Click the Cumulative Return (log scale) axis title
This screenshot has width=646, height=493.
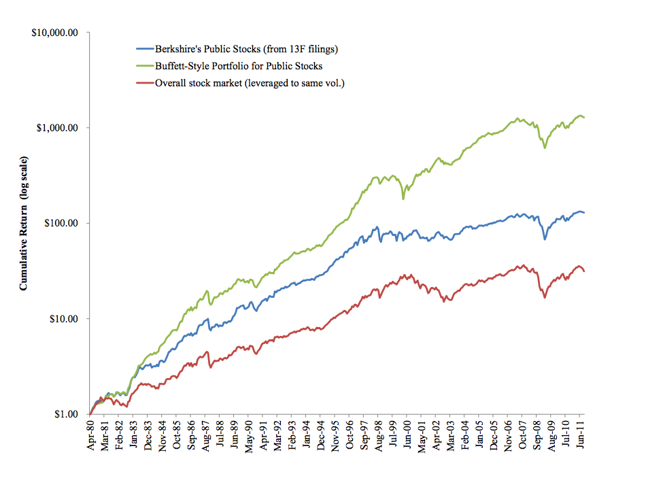click(x=23, y=223)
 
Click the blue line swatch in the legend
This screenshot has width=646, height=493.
click(x=144, y=49)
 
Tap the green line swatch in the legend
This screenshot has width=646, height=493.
click(x=144, y=67)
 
